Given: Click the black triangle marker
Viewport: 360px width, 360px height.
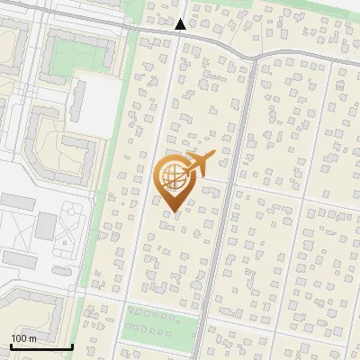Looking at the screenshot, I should tap(181, 24).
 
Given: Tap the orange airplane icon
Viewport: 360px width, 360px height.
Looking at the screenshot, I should tap(199, 165).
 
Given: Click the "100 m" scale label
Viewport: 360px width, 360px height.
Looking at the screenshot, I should tap(23, 338).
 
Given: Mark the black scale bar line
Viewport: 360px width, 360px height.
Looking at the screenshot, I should tap(40, 346).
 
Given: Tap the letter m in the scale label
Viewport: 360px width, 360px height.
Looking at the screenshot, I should tap(32, 338).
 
